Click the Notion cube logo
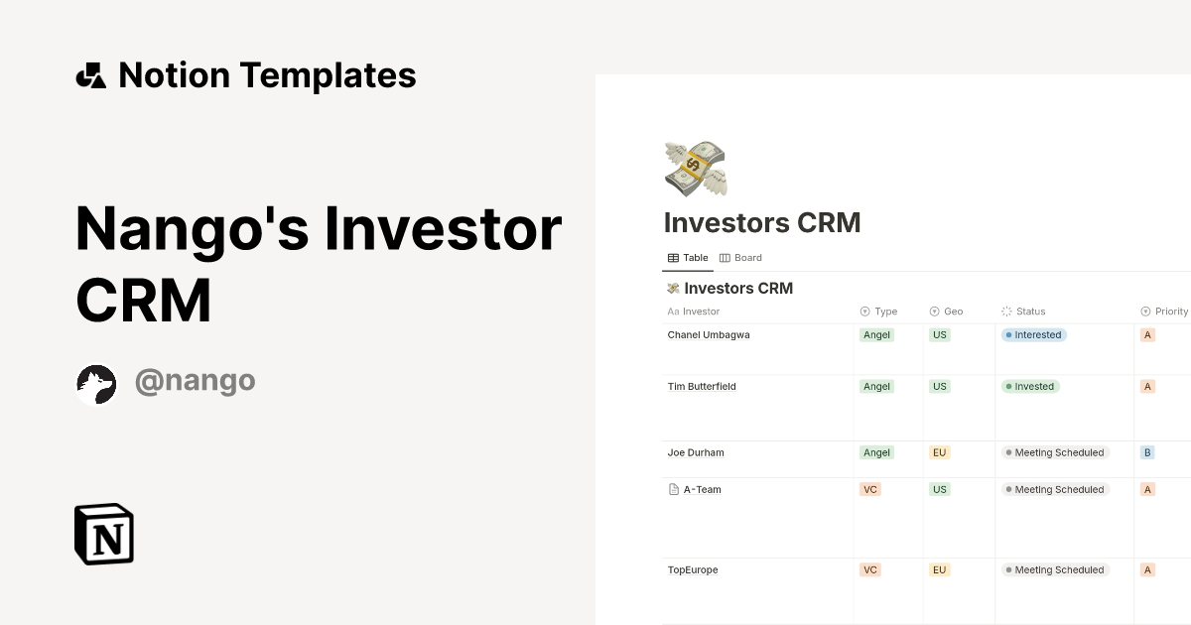click(104, 534)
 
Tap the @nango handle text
click(195, 381)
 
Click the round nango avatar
click(96, 385)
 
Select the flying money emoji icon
click(695, 168)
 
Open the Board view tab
click(740, 258)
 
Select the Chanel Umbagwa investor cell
click(709, 335)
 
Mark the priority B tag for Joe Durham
click(1147, 452)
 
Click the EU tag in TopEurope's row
click(940, 570)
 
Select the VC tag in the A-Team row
click(870, 490)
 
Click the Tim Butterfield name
click(702, 387)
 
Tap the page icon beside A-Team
click(674, 490)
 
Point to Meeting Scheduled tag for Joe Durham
click(1055, 452)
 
